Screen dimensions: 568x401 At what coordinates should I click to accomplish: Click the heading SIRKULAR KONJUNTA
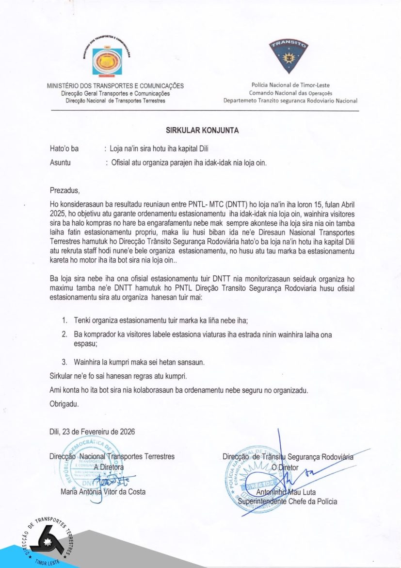[x=202, y=130]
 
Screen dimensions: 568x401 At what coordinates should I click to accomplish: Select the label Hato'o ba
[x=64, y=149]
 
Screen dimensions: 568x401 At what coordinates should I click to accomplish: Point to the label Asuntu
[x=60, y=163]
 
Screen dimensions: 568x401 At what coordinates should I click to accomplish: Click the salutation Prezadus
[x=64, y=190]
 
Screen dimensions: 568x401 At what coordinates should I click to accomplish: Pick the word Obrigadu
[x=64, y=403]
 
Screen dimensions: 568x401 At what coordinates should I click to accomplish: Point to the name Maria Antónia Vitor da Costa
[x=100, y=492]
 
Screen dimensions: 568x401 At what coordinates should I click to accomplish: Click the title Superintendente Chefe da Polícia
[x=290, y=501]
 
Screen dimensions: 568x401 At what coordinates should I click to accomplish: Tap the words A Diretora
[x=109, y=467]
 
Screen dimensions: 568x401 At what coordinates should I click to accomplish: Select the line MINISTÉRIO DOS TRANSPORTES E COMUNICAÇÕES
[x=115, y=86]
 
